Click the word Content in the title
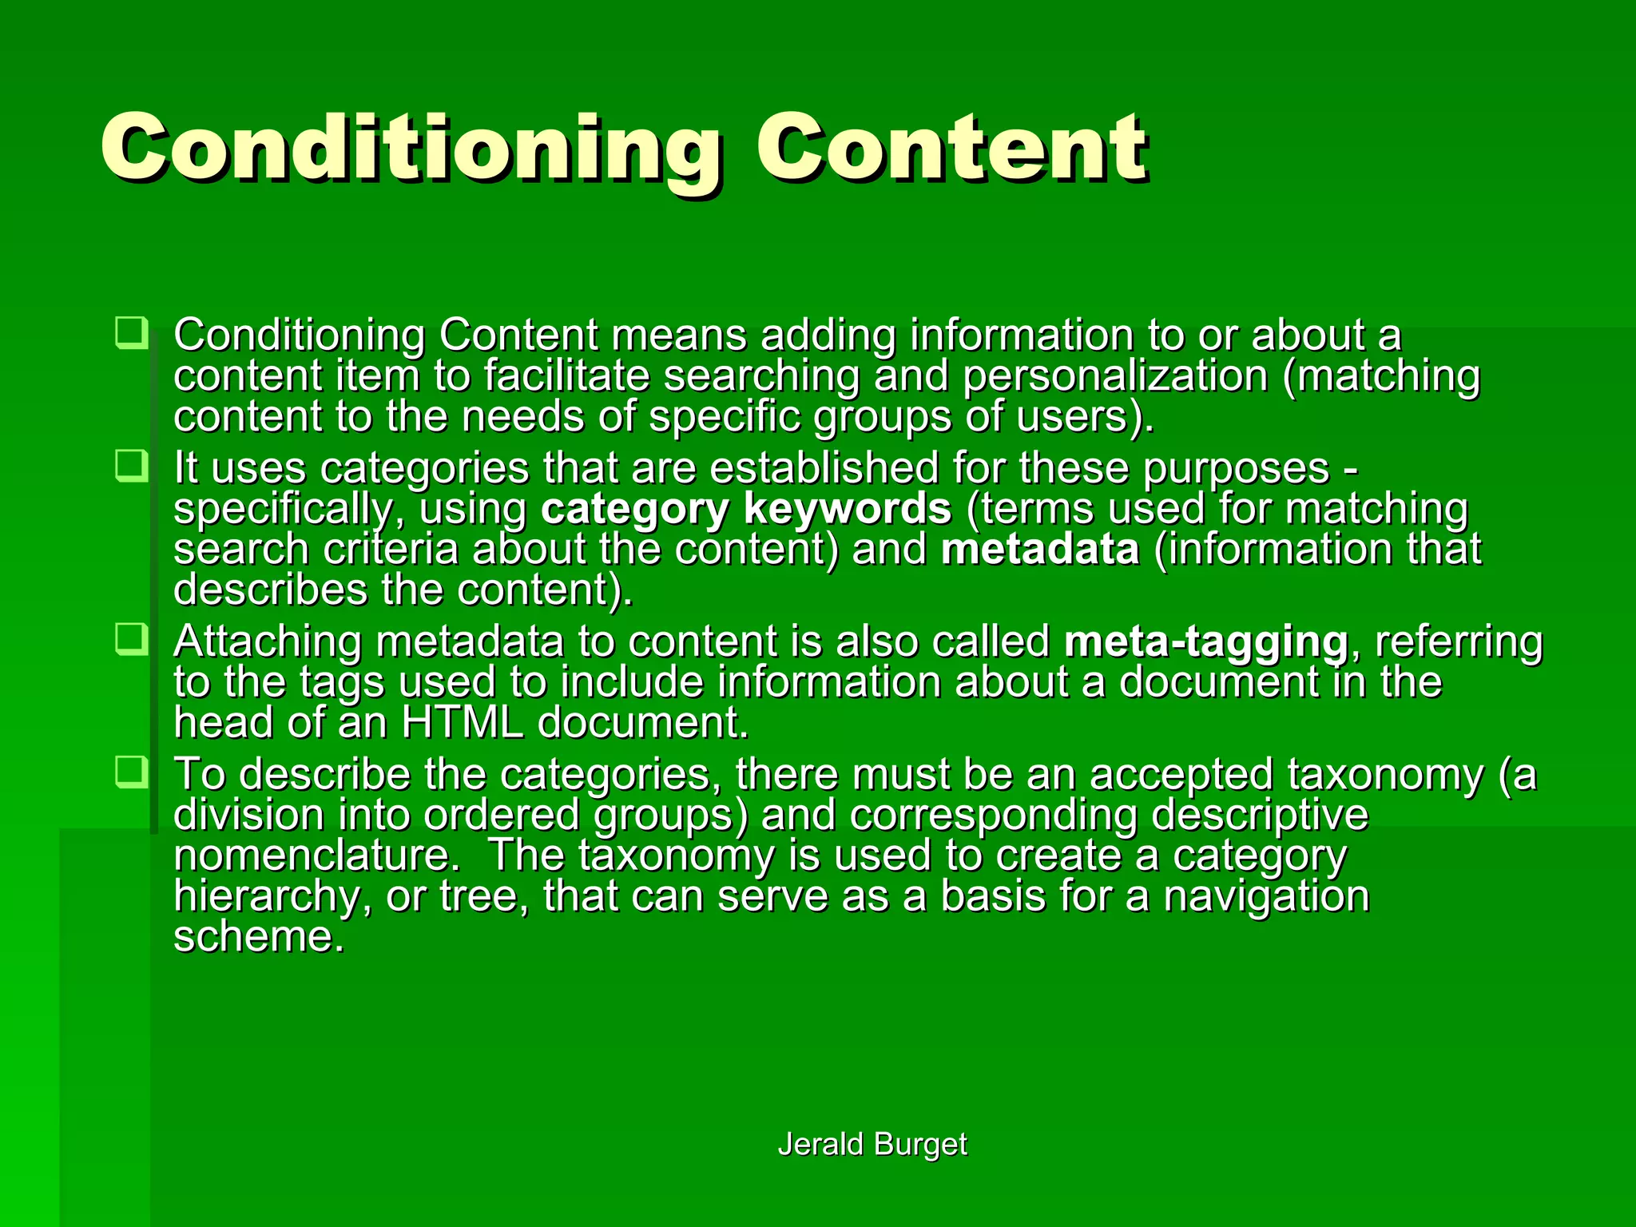951,148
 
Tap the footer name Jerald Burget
872,1144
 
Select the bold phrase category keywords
746,508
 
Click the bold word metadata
1039,549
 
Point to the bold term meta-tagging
1205,641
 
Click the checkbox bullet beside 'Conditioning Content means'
131,332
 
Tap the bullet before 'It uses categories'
131,466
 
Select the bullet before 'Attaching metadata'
131,639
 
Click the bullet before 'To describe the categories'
131,772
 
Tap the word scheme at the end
257,936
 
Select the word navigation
1266,895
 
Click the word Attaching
267,642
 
